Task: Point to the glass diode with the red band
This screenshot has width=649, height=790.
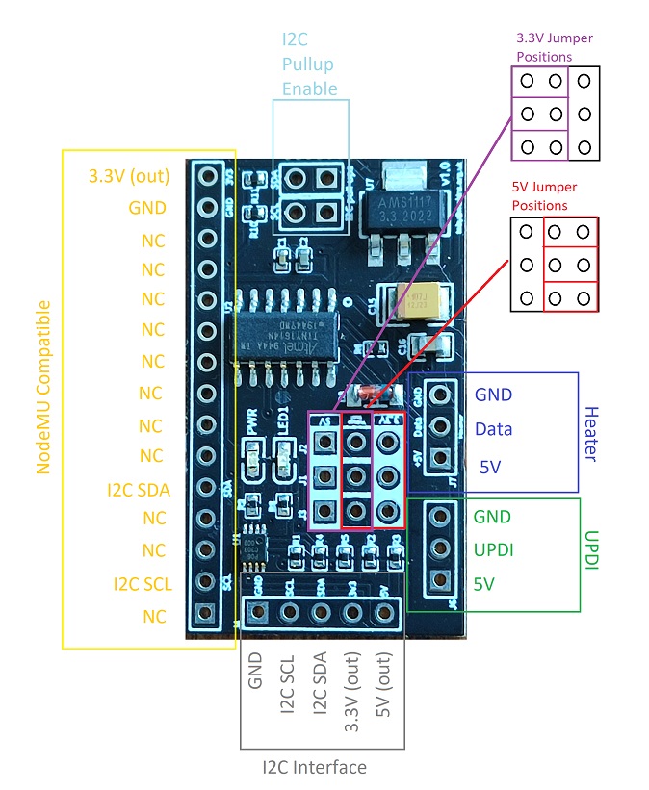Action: (x=374, y=393)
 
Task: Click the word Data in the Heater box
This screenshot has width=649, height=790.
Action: (x=493, y=429)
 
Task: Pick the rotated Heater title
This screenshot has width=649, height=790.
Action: (x=591, y=433)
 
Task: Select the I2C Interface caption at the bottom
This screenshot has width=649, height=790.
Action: (x=315, y=767)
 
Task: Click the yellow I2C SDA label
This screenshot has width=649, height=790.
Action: (x=139, y=490)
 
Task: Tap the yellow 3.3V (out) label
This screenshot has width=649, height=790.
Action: (x=128, y=176)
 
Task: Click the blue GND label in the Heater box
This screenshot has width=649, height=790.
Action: (x=493, y=395)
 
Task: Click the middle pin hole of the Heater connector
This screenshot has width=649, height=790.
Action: (x=441, y=426)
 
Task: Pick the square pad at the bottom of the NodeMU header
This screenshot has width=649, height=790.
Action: (x=205, y=614)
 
